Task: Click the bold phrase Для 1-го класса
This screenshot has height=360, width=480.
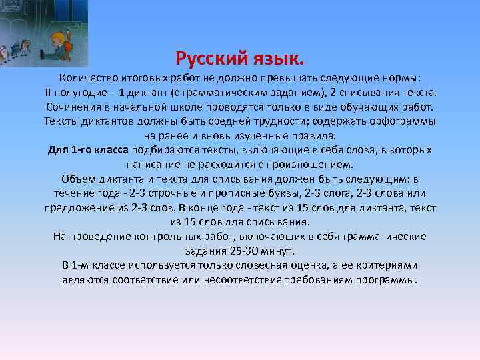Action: tap(89, 150)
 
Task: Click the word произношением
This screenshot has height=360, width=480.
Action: tap(309, 164)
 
